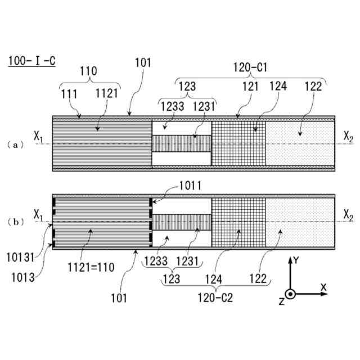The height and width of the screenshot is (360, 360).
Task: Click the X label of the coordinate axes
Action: [x=323, y=287]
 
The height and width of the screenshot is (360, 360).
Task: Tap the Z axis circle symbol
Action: [x=290, y=294]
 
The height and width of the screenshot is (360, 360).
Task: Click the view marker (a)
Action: [x=18, y=145]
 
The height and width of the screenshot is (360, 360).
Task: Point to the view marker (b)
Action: [x=18, y=222]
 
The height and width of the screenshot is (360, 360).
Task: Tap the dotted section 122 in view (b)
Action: [x=300, y=222]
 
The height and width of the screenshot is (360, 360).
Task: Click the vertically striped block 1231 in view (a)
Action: [x=182, y=143]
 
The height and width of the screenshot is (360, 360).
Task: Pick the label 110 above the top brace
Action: [x=88, y=71]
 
